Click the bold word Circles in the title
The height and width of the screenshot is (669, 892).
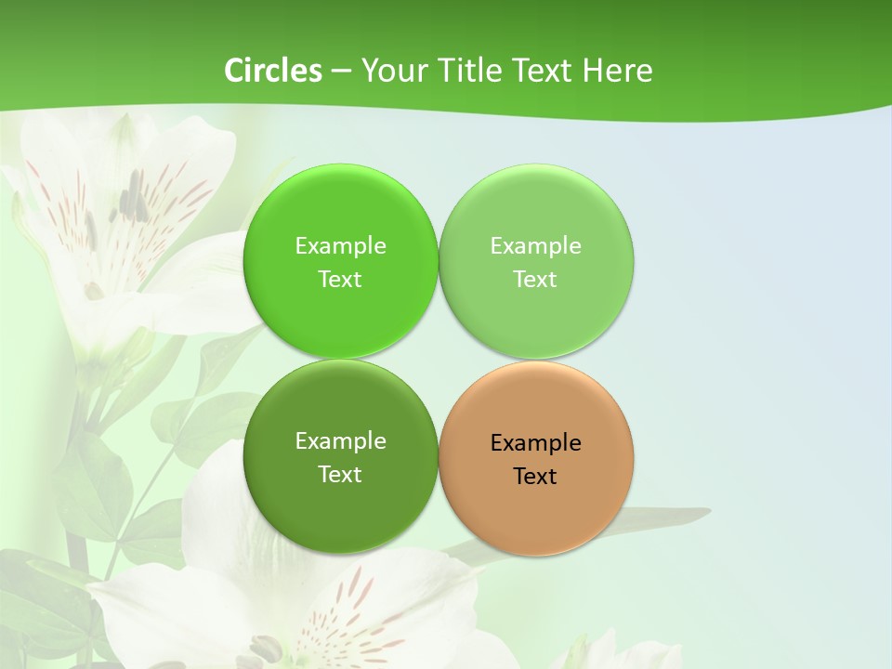[x=273, y=71]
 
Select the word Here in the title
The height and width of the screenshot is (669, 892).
[x=618, y=71]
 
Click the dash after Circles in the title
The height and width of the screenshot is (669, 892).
[x=341, y=72]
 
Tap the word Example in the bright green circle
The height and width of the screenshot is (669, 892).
[x=340, y=246]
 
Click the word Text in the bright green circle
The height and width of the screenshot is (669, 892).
[x=340, y=280]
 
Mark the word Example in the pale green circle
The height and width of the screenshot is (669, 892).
[x=535, y=246]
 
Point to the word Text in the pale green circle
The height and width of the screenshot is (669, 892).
[x=535, y=280]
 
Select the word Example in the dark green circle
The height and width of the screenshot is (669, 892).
[x=340, y=441]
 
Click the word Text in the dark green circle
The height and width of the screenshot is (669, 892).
[x=340, y=475]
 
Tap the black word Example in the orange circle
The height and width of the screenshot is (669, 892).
[x=535, y=443]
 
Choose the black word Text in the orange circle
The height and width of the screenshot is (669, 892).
[x=535, y=477]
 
